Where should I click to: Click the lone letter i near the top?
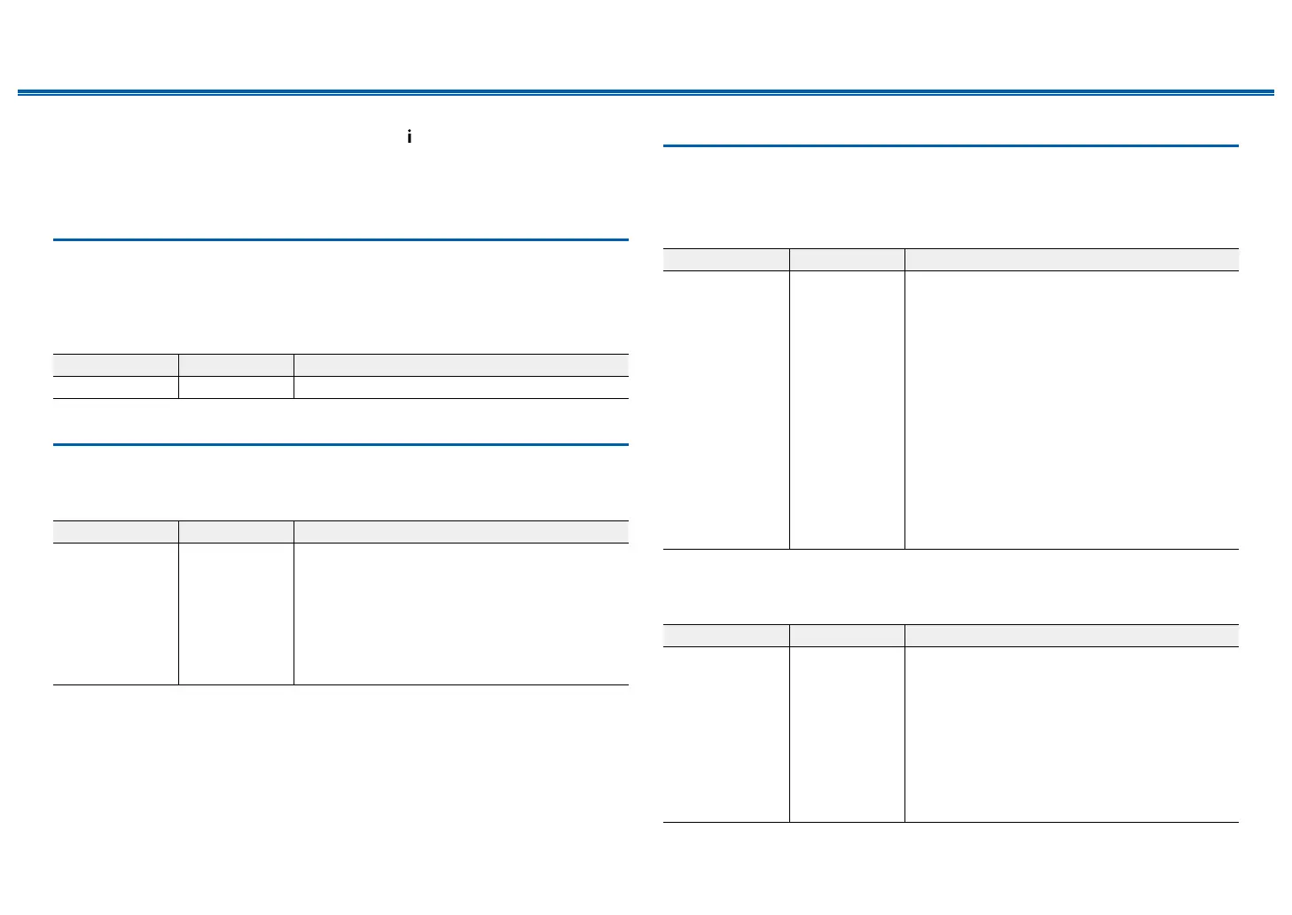click(x=409, y=137)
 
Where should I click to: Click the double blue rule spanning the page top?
click(x=646, y=92)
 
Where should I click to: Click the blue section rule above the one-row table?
click(x=341, y=239)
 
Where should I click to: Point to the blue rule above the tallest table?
click(x=950, y=145)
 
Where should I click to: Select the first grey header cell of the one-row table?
click(x=115, y=364)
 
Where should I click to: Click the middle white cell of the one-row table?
click(x=236, y=387)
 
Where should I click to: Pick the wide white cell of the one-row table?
click(x=461, y=387)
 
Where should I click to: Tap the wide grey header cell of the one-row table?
click(x=461, y=364)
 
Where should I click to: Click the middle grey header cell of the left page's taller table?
click(x=236, y=532)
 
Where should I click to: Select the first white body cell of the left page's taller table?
click(x=115, y=614)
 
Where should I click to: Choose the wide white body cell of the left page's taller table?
click(x=461, y=614)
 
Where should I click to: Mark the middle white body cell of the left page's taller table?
click(x=236, y=614)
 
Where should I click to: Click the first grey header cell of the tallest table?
click(x=725, y=260)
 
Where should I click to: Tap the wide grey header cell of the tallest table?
click(x=1071, y=260)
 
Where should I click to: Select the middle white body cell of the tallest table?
click(x=847, y=410)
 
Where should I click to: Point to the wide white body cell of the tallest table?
click(x=1071, y=410)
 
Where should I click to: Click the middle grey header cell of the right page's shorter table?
click(x=847, y=636)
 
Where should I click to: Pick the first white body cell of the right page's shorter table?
click(x=725, y=734)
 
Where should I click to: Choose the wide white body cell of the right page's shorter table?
click(x=1071, y=734)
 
